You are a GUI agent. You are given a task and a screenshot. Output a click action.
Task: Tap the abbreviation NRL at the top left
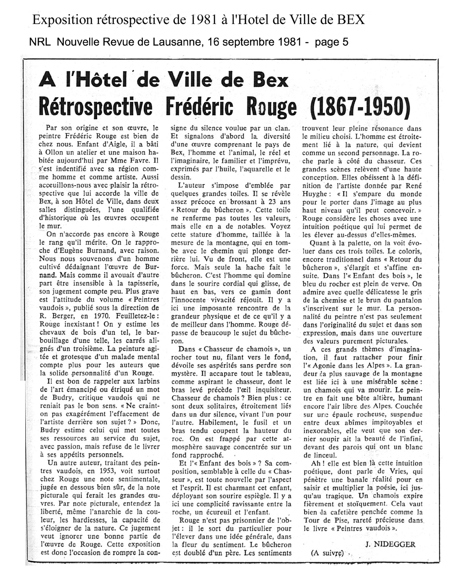[x=40, y=42]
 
